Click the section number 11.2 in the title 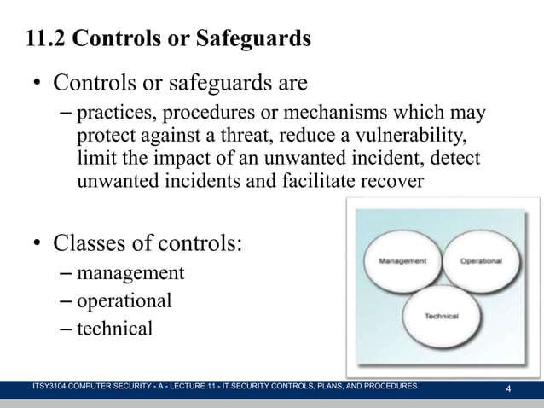pos(49,39)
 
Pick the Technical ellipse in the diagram pos(442,315)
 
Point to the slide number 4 pos(509,390)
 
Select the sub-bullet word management pos(130,273)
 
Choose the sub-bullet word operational pos(124,300)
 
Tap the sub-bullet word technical pos(115,328)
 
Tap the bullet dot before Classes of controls pos(38,245)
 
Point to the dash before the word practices pos(68,114)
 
